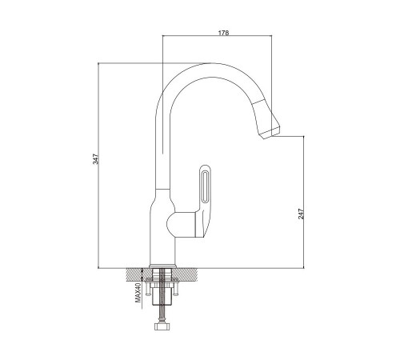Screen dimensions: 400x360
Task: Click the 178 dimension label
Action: [x=223, y=33]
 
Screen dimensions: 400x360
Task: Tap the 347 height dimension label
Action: [x=95, y=159]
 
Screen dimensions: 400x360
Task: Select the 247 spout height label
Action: [x=301, y=214]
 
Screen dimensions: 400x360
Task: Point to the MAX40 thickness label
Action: [x=138, y=293]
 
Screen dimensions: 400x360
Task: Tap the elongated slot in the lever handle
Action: [x=205, y=186]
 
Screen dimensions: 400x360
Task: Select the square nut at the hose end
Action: [x=162, y=326]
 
